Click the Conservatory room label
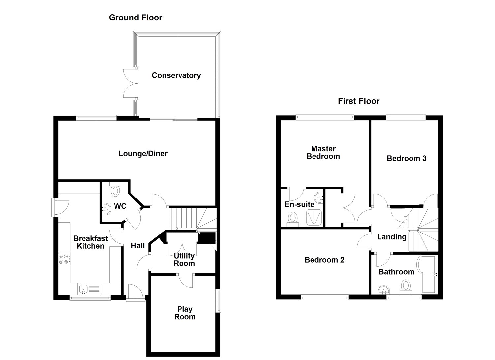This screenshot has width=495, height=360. tap(176, 75)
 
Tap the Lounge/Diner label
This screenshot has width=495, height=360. tap(143, 154)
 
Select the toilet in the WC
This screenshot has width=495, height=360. tap(115, 190)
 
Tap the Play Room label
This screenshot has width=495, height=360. tap(185, 313)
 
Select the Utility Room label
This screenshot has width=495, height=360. tap(184, 260)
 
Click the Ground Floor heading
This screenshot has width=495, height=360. tap(136, 18)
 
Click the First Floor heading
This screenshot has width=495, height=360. tap(359, 101)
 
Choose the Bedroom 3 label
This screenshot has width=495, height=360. tap(406, 158)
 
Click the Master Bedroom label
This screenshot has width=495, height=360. tap(323, 153)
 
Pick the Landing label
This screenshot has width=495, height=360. tap(392, 237)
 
